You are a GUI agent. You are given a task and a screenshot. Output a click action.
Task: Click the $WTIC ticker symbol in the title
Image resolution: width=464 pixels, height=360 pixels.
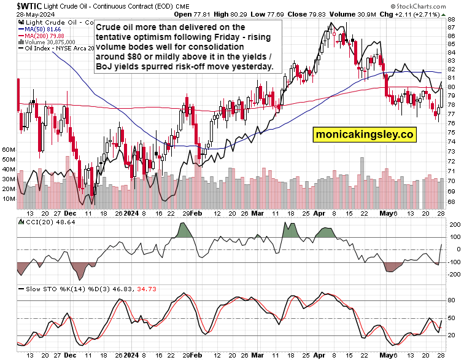pyautogui.click(x=20, y=6)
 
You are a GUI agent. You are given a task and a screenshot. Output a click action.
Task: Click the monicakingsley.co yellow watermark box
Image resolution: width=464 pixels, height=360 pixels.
pyautogui.click(x=365, y=133)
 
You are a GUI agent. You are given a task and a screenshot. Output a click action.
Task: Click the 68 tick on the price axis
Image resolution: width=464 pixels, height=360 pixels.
pyautogui.click(x=451, y=201)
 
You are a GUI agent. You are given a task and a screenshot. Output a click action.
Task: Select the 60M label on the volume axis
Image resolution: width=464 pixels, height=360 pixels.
pyautogui.click(x=8, y=149)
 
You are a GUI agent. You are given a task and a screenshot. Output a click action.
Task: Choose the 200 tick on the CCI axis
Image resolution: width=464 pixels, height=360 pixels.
pyautogui.click(x=454, y=225)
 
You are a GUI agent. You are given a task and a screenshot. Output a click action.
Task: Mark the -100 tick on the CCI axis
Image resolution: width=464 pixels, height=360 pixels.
pyautogui.click(x=454, y=262)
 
